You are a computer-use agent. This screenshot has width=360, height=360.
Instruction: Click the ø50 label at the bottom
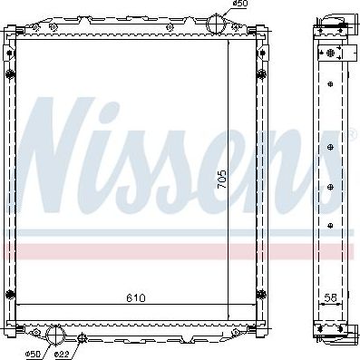[33, 353]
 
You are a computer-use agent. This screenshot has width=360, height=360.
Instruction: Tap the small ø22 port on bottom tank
[83, 338]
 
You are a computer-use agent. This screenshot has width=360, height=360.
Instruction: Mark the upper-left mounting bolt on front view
[10, 73]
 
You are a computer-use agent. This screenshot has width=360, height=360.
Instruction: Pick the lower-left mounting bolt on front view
[10, 293]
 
